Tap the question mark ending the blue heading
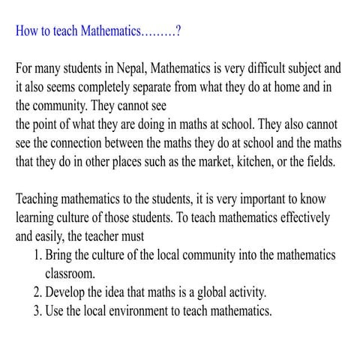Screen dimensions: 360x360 tap(177, 32)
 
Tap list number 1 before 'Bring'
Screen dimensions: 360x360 tap(38, 255)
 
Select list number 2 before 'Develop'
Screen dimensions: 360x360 tap(38, 292)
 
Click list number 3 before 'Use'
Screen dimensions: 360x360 tap(38, 310)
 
